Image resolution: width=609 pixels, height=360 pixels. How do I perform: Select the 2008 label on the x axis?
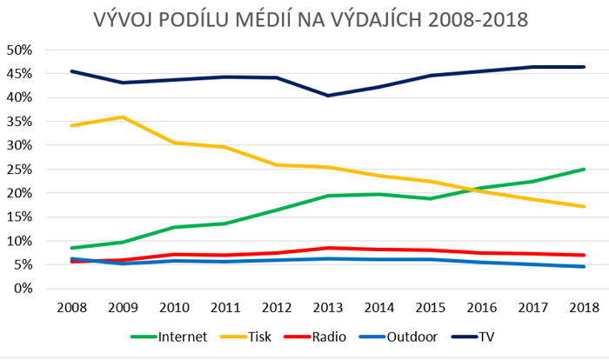[70, 309]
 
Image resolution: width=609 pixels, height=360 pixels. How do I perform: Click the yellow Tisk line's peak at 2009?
[122, 117]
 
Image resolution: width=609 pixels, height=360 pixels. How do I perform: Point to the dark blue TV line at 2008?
[70, 71]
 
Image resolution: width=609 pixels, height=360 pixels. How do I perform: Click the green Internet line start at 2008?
[70, 248]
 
